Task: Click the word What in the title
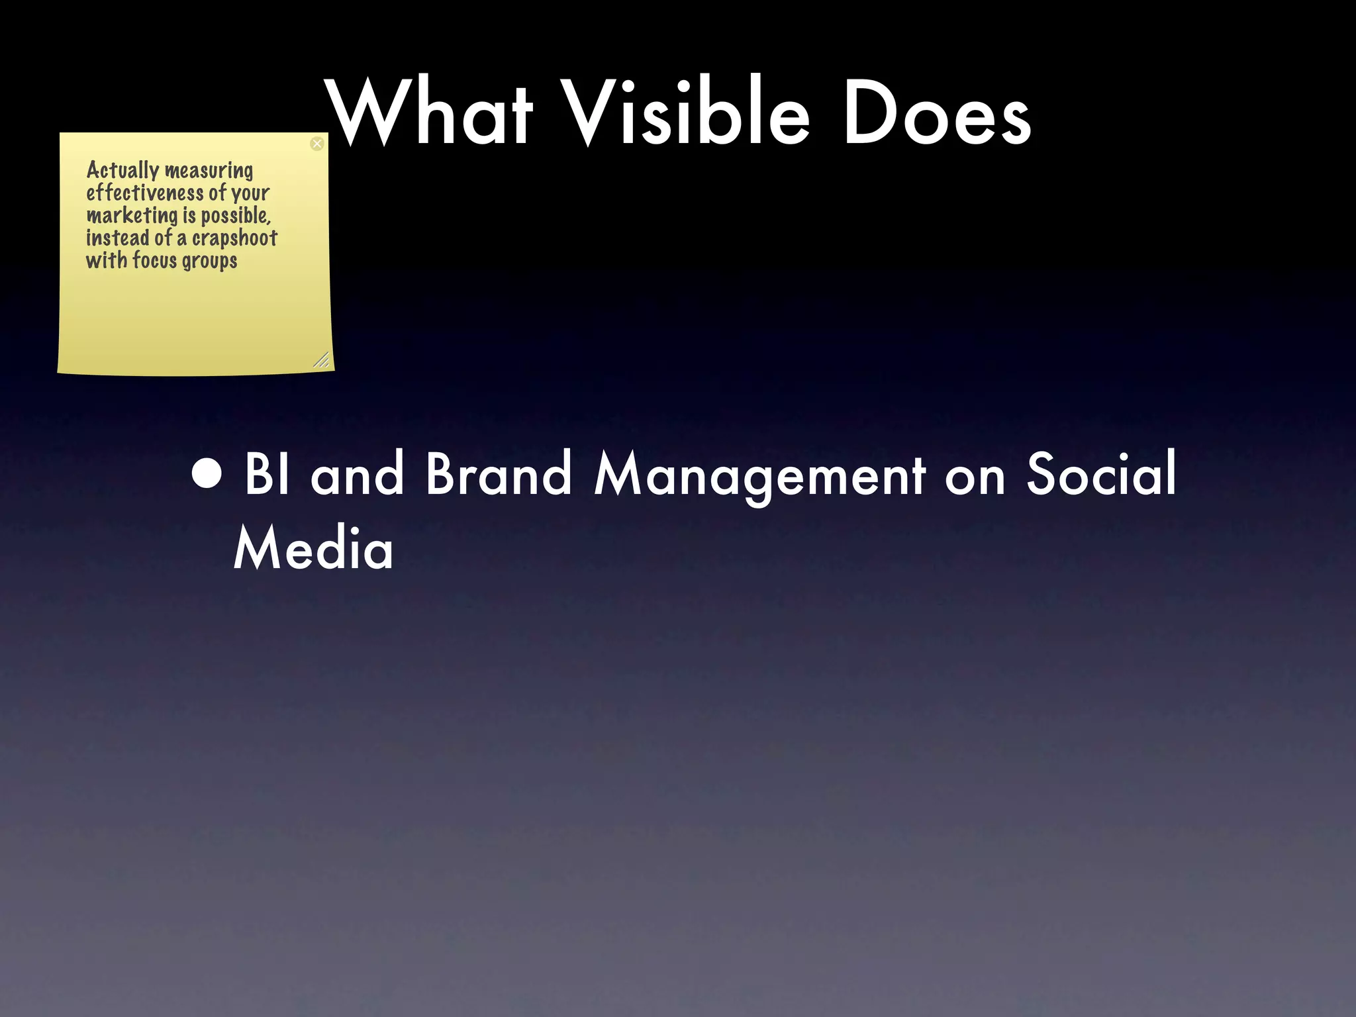point(430,113)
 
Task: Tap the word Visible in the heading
point(689,113)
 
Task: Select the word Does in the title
point(936,113)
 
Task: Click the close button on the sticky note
point(317,144)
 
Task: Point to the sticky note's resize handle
point(321,360)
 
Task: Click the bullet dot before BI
point(207,474)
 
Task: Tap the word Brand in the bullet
point(498,474)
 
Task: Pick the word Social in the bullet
point(1101,474)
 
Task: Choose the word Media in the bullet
point(313,548)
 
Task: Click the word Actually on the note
point(122,171)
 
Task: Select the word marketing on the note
point(132,216)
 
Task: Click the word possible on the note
point(236,216)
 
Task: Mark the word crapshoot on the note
point(234,238)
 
